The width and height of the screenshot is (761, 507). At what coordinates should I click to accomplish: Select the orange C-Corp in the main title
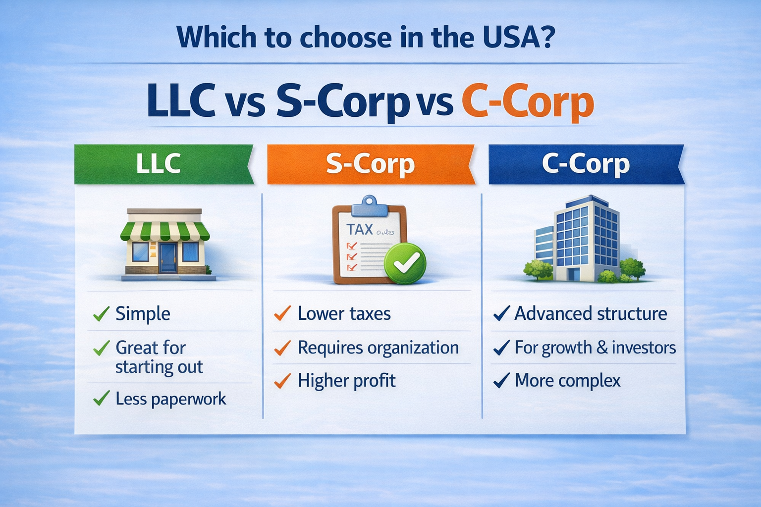[x=527, y=102]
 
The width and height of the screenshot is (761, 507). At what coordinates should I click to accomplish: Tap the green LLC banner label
[x=158, y=164]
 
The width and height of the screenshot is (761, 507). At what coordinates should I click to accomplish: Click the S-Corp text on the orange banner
[x=370, y=164]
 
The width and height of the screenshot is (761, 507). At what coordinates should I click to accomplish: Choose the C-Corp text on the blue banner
[x=586, y=164]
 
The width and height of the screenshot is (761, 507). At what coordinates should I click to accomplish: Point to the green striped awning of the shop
[x=165, y=231]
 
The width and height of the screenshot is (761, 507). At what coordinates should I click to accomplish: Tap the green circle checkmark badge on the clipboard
[x=405, y=263]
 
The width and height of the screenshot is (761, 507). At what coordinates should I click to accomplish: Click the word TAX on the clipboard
[x=360, y=229]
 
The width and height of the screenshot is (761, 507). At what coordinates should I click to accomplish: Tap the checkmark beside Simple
[x=102, y=314]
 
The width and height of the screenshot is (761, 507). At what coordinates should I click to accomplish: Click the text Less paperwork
[x=170, y=399]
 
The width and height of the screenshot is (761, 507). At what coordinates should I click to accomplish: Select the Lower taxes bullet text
[x=344, y=314]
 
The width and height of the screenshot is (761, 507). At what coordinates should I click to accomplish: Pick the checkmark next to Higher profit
[x=282, y=381]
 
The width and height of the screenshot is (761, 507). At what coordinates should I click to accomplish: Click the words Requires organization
[x=378, y=348]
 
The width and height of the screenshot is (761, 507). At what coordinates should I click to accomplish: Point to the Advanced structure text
[x=591, y=314]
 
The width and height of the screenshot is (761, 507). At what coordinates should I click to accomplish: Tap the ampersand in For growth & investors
[x=602, y=348]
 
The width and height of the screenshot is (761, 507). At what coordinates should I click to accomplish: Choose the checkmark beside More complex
[x=501, y=381]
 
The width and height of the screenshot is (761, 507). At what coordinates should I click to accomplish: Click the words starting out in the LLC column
[x=159, y=367]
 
